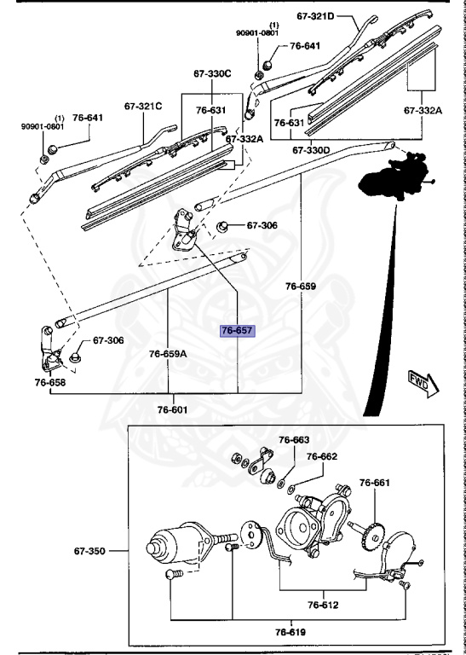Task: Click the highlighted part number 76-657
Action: point(238,330)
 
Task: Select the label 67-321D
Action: point(316,15)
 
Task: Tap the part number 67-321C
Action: point(142,107)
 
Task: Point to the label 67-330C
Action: point(213,73)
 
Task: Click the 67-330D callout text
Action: point(310,149)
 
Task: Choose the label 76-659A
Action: point(167,352)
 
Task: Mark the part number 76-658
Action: point(50,383)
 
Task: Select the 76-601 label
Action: point(173,410)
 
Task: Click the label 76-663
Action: point(294,440)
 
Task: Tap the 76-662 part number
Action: point(322,456)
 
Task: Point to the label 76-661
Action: point(374,484)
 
